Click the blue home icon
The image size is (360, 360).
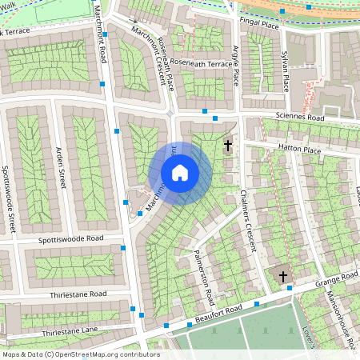pos(180,173)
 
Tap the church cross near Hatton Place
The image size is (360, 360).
pos(228,146)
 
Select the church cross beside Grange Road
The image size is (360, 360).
pos(282,277)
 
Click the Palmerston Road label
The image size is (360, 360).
pos(204,278)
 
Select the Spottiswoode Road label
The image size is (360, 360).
pos(73,239)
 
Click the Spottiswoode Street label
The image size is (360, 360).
pos(8,199)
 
